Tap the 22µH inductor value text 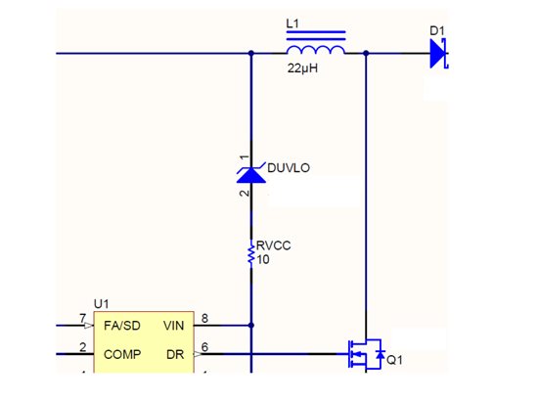point(302,68)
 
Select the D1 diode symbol point(439,54)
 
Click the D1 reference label point(437,31)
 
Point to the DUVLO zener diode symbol point(251,173)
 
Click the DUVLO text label point(289,168)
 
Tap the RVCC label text point(274,245)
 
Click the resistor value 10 point(263,260)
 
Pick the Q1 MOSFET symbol point(366,354)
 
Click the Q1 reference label point(394,360)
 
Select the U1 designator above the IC point(101,304)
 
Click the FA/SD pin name point(122,326)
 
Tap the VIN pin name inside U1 point(173,326)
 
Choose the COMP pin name point(122,354)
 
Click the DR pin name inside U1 point(175,354)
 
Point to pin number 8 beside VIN point(204,318)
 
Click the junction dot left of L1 point(251,53)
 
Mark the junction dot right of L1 point(366,53)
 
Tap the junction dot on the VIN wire point(251,325)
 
